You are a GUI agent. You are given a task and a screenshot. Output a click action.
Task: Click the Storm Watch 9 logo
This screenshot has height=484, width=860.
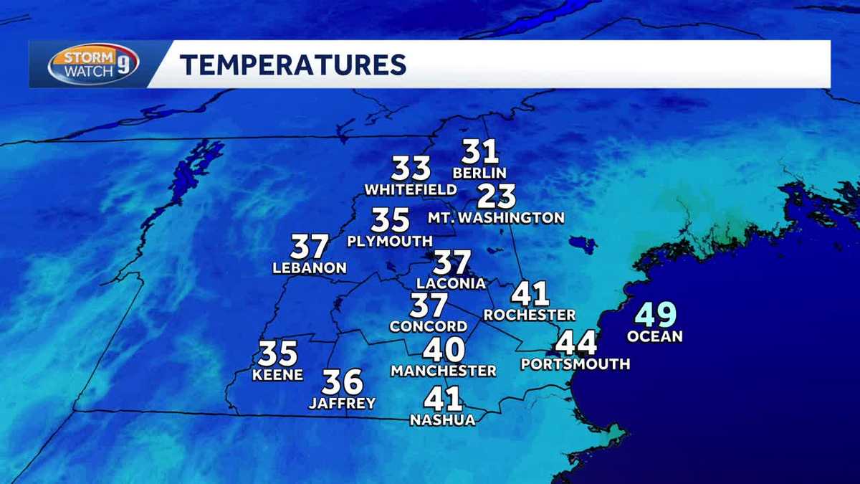tap(93, 64)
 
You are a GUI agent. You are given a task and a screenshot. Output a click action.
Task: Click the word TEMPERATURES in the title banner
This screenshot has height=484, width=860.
tap(293, 65)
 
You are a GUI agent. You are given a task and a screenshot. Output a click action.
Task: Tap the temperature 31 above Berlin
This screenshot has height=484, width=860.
tap(479, 152)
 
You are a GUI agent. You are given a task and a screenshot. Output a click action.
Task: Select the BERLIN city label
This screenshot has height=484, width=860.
tap(479, 173)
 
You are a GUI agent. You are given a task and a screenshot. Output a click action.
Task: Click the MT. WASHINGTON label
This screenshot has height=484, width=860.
tap(496, 217)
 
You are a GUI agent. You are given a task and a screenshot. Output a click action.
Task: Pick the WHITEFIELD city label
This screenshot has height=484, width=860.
tap(410, 190)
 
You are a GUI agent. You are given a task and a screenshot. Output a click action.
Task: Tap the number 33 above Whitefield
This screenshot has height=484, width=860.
tap(411, 169)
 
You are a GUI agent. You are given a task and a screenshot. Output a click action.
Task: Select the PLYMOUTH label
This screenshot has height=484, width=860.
tap(390, 242)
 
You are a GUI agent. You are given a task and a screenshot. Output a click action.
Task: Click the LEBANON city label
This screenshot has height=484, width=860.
tap(310, 269)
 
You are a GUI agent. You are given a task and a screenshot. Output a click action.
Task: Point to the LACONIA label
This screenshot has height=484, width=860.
tap(451, 283)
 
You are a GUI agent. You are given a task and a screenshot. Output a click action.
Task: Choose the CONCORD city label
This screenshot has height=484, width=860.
tap(429, 326)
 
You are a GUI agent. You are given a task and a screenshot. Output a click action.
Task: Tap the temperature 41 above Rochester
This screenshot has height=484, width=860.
tap(530, 294)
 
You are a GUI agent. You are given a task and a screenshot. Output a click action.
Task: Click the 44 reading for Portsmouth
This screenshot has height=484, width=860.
tap(576, 343)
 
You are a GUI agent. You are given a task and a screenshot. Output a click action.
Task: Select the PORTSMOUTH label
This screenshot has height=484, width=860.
tap(575, 364)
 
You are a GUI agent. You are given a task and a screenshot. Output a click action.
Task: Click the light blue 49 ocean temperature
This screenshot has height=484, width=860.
tap(655, 315)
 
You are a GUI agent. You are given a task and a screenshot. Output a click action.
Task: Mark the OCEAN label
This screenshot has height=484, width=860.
tap(654, 336)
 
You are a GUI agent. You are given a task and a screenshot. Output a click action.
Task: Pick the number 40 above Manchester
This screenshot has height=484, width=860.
tap(444, 350)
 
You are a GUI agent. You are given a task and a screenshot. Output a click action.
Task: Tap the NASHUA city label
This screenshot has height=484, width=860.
tap(442, 420)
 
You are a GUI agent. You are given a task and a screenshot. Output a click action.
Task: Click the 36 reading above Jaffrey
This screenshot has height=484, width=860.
tap(342, 382)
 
